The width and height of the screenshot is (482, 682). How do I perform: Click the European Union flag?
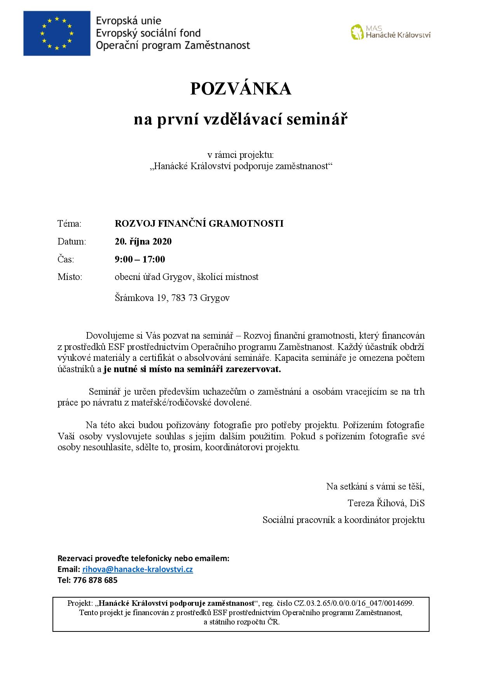pos(56,33)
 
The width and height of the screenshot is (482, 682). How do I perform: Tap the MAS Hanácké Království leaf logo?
pos(357,32)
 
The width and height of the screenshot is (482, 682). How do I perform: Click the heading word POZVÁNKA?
pos(241,89)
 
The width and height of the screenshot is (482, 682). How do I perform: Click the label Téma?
pos(70,224)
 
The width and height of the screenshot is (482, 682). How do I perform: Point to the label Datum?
pos(72,241)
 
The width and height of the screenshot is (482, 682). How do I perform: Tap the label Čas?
pos(66,259)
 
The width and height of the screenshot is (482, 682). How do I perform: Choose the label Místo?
pos(70,277)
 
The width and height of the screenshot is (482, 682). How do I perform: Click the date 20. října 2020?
pos(143,241)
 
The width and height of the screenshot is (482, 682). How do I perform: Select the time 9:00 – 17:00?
pos(140,259)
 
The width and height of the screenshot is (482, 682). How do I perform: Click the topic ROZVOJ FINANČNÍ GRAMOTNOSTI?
pos(199,224)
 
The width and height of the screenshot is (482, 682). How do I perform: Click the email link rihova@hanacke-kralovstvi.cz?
pos(138,569)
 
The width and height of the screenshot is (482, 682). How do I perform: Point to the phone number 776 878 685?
pos(95,580)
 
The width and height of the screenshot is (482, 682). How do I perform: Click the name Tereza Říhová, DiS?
pos(386,503)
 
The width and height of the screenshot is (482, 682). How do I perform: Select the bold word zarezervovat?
pos(253,369)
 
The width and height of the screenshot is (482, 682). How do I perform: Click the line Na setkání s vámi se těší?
pos(375,486)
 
